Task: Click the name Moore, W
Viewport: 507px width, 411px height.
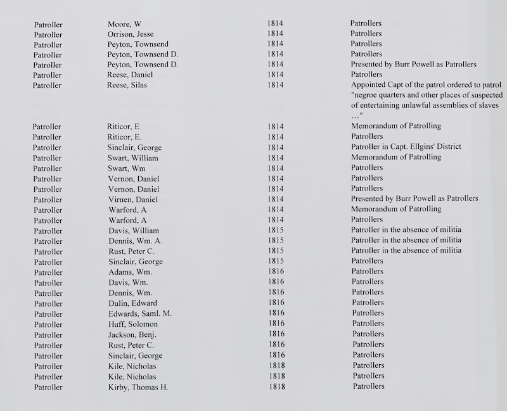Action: [x=124, y=24]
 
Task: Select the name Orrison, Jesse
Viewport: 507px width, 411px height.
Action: [x=131, y=34]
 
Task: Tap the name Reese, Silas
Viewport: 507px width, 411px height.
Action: [x=127, y=85]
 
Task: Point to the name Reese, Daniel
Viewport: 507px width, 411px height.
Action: [x=130, y=75]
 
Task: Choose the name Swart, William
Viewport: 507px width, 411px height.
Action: [x=133, y=158]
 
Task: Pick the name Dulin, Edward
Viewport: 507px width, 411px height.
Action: [x=132, y=303]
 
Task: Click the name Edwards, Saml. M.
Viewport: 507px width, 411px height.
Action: [x=140, y=313]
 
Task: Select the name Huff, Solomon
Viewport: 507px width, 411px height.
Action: [x=132, y=324]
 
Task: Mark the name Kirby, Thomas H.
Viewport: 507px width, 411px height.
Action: [x=138, y=386]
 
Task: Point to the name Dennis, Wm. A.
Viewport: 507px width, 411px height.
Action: [x=135, y=241]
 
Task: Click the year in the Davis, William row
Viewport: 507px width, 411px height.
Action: [x=275, y=230]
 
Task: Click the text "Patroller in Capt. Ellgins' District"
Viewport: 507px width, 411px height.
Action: [x=406, y=147]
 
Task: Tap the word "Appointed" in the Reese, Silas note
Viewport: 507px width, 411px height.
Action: [x=368, y=85]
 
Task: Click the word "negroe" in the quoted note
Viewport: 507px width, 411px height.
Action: [x=366, y=96]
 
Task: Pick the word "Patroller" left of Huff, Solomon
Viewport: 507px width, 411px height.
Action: [x=48, y=324]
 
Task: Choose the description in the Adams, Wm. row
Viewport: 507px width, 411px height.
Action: [x=368, y=272]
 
